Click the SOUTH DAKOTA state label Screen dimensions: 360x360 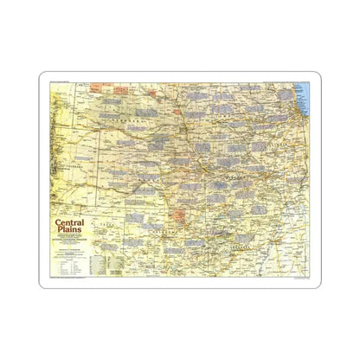coord(130,88)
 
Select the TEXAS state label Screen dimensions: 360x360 coord(130,227)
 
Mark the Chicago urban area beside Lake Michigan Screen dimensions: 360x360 coord(293,112)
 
